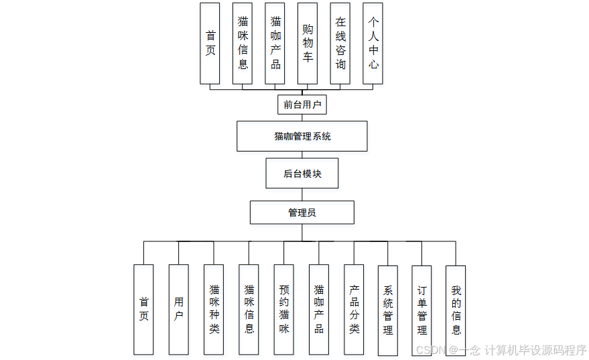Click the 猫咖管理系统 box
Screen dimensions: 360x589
pos(302,136)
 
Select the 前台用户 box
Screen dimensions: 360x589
pos(302,105)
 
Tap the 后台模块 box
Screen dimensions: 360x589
pos(302,174)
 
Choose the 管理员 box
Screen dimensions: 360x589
pos(302,213)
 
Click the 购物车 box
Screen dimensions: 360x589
pos(308,44)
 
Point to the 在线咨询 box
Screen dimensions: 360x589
pos(340,44)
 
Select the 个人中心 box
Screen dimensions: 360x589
pos(373,44)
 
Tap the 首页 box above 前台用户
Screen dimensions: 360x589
pos(210,44)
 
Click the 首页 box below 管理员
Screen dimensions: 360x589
pos(143,309)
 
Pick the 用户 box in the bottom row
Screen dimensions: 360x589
pos(178,309)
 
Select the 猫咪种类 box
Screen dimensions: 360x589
pos(214,309)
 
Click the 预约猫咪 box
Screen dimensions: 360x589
pos(283,309)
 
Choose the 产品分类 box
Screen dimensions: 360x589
pos(354,309)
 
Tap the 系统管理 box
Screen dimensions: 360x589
pos(388,310)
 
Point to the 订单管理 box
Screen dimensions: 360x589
pos(422,310)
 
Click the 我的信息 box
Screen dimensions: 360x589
pos(456,310)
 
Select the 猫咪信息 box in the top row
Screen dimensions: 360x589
pos(243,44)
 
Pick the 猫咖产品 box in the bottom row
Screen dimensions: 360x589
pos(319,309)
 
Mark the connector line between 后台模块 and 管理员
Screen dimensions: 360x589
pos(302,194)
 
